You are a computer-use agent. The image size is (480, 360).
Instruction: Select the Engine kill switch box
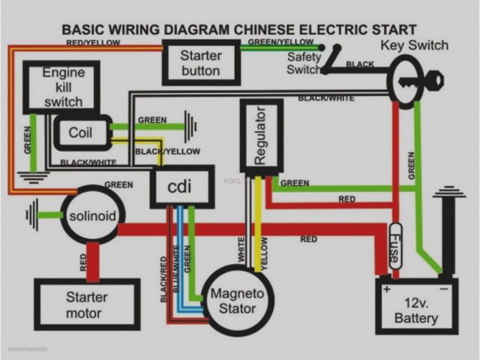tap(63, 87)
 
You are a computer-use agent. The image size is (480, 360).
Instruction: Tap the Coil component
tap(81, 133)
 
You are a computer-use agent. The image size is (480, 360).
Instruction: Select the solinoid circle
tap(92, 216)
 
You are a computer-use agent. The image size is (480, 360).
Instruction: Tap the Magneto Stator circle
tap(232, 300)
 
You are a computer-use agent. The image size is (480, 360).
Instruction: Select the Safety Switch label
tap(303, 64)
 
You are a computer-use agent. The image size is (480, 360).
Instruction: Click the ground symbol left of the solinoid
tap(31, 214)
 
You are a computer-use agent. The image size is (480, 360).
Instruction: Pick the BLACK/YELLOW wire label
tap(167, 151)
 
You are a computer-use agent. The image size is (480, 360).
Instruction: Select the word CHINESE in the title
tap(274, 30)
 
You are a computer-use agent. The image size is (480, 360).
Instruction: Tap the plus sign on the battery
tap(388, 289)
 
